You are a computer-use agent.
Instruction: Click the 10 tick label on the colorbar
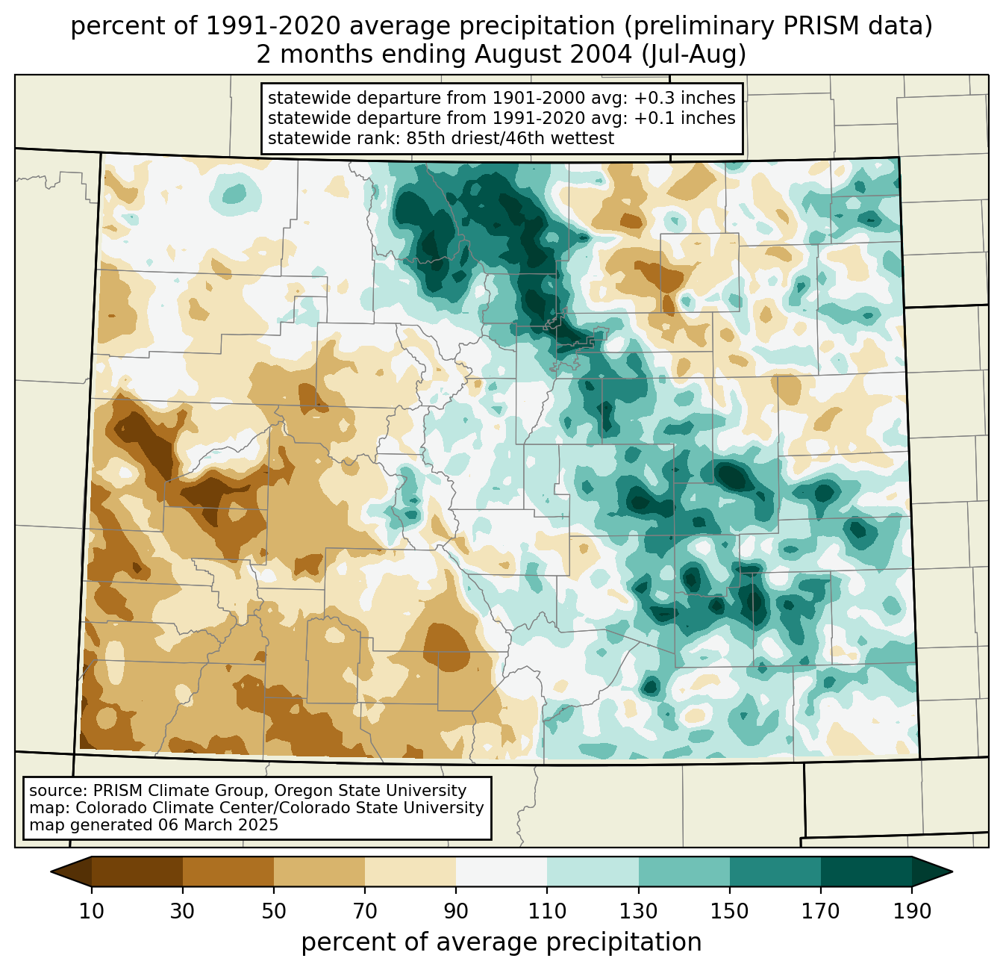pyautogui.click(x=92, y=912)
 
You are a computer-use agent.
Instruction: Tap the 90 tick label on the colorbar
pyautogui.click(x=456, y=912)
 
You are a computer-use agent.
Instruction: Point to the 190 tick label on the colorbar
pyautogui.click(x=912, y=912)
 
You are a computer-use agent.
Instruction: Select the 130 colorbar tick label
pyautogui.click(x=639, y=912)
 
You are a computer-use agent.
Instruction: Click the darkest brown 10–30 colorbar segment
pyautogui.click(x=137, y=871)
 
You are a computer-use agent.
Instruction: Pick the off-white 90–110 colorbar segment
pyautogui.click(x=501, y=871)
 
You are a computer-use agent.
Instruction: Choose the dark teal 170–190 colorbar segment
pyautogui.click(x=866, y=871)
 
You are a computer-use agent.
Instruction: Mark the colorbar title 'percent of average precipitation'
pyautogui.click(x=501, y=942)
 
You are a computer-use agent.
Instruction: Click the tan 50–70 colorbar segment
pyautogui.click(x=319, y=871)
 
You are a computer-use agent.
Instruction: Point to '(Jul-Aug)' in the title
pyautogui.click(x=693, y=55)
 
